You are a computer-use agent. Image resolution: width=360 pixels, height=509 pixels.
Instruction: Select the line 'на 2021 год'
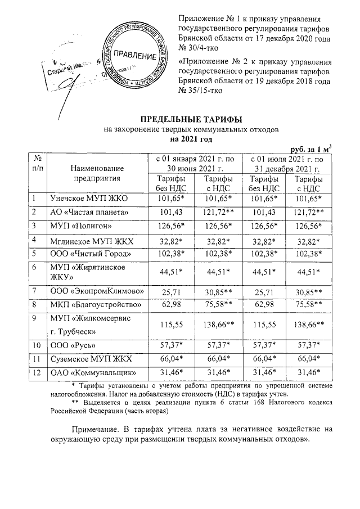tap(191, 138)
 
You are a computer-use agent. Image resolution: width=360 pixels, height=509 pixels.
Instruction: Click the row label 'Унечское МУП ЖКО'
tap(83, 199)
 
